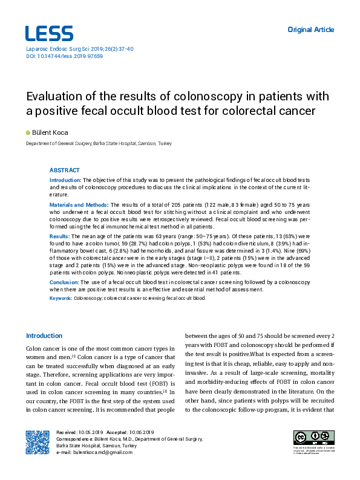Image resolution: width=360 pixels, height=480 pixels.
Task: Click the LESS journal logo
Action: point(48,33)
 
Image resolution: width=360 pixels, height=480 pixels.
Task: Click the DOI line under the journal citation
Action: point(64,56)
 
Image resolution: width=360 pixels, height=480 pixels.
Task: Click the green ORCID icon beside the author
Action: point(27,132)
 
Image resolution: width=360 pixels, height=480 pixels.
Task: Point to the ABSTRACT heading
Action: point(64,170)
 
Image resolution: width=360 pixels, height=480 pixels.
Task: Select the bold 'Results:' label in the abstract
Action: point(60,236)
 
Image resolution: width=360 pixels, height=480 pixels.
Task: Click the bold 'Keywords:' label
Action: point(61,298)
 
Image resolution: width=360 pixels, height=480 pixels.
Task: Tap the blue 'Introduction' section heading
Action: point(44,336)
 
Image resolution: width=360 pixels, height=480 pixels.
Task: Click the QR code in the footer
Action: point(38,442)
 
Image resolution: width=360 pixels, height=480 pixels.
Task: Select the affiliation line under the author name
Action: point(98,144)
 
